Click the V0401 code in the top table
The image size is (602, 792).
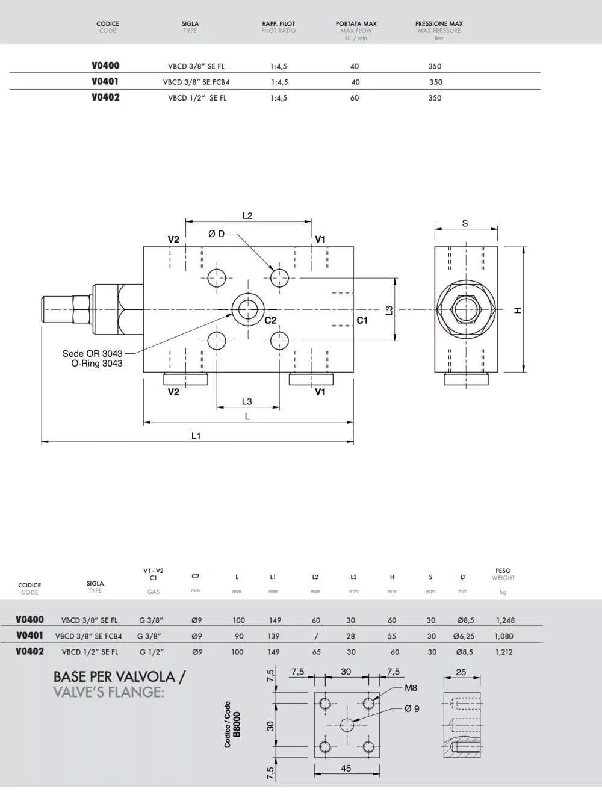tap(105, 81)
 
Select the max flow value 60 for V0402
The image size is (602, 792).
tap(355, 97)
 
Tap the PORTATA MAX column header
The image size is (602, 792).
tap(356, 24)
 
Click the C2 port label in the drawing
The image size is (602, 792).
tap(270, 321)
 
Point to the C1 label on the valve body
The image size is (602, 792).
tap(362, 321)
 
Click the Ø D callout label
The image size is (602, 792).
tap(216, 234)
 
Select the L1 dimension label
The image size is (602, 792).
tap(196, 436)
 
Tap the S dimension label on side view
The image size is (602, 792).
tap(465, 223)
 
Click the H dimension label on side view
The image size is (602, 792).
tap(517, 311)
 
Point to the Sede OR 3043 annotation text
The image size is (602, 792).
tap(92, 354)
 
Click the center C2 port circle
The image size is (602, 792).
tap(246, 309)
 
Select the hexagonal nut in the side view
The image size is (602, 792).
tap(465, 309)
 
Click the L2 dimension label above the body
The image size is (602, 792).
tap(247, 215)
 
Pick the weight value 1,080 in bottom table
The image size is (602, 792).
tap(504, 636)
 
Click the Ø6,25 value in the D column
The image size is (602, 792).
tap(464, 636)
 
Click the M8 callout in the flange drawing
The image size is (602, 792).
tap(411, 688)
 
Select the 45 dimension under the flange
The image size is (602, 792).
tap(346, 768)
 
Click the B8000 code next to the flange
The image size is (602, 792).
tap(237, 725)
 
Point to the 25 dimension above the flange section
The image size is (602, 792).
tap(461, 672)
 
